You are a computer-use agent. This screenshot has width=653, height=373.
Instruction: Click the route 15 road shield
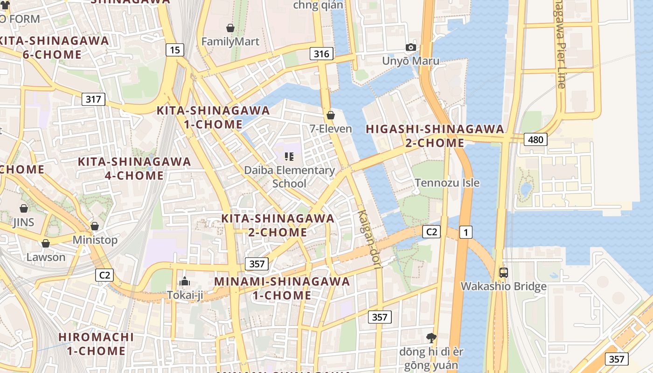click(174, 50)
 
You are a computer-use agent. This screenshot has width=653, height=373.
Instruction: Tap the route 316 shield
click(321, 54)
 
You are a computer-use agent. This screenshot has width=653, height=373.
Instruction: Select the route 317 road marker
click(93, 99)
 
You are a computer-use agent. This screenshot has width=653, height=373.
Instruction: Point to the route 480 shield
click(535, 139)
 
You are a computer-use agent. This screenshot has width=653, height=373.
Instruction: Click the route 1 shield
click(465, 232)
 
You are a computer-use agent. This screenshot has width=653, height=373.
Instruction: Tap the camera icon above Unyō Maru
click(410, 47)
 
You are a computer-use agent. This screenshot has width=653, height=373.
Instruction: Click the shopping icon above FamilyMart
click(230, 28)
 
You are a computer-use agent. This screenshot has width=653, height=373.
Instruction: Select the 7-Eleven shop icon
click(331, 115)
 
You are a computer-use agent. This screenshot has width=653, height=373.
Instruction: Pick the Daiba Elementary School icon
click(289, 157)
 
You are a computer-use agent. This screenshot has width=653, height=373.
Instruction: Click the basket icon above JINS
click(24, 208)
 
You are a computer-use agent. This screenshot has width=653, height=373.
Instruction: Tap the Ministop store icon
click(95, 226)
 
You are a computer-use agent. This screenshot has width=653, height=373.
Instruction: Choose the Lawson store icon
click(46, 243)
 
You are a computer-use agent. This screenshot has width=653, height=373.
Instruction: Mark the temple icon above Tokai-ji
click(185, 281)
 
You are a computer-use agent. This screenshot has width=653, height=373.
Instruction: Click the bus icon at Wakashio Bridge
click(503, 272)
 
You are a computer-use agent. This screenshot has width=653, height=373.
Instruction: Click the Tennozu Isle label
click(447, 183)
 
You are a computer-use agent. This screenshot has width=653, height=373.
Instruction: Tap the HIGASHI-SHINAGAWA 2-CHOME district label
click(435, 136)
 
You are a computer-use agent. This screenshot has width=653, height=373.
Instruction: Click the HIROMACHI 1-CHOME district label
click(96, 344)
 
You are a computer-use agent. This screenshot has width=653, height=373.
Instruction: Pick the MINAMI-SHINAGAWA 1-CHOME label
click(282, 288)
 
